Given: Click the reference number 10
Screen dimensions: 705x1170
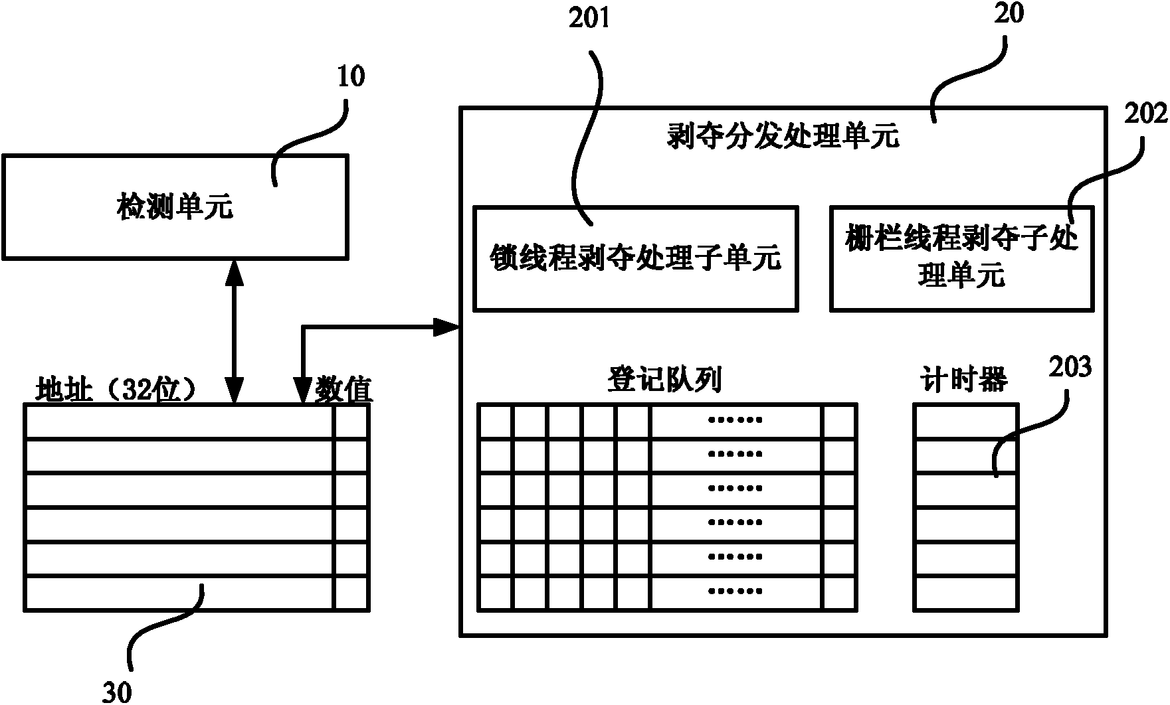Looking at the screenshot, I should [351, 78].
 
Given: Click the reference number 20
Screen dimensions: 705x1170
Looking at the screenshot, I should [1009, 14].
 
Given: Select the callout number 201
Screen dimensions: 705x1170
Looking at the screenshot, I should [589, 19].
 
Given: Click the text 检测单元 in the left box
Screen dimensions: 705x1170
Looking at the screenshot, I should [175, 207].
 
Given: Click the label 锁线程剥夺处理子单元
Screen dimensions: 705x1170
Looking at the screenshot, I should [635, 258].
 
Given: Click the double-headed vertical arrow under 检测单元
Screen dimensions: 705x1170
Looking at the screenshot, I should [234, 331].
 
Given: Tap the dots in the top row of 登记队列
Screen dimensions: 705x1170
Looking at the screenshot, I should [735, 420].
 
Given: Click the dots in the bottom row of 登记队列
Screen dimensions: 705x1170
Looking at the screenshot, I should [735, 591].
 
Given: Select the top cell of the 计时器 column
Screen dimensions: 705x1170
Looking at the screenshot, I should [965, 420].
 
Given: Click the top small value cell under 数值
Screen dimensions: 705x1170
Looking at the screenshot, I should [350, 421].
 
